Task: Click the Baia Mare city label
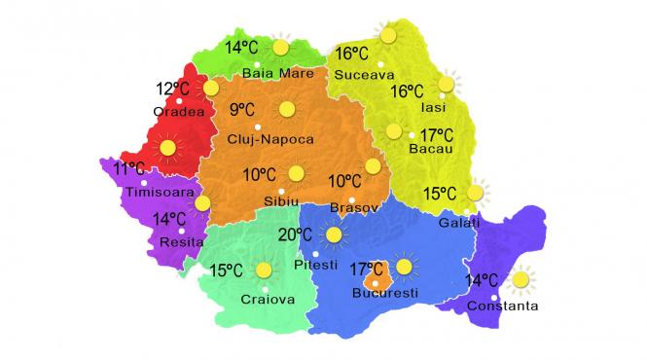279,72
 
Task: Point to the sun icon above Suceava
388,36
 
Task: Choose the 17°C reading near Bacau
437,134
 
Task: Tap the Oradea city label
179,112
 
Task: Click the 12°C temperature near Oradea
173,90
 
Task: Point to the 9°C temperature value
242,110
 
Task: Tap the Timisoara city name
161,193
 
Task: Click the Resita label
177,238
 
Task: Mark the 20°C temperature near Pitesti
295,234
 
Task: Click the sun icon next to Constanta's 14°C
521,280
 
